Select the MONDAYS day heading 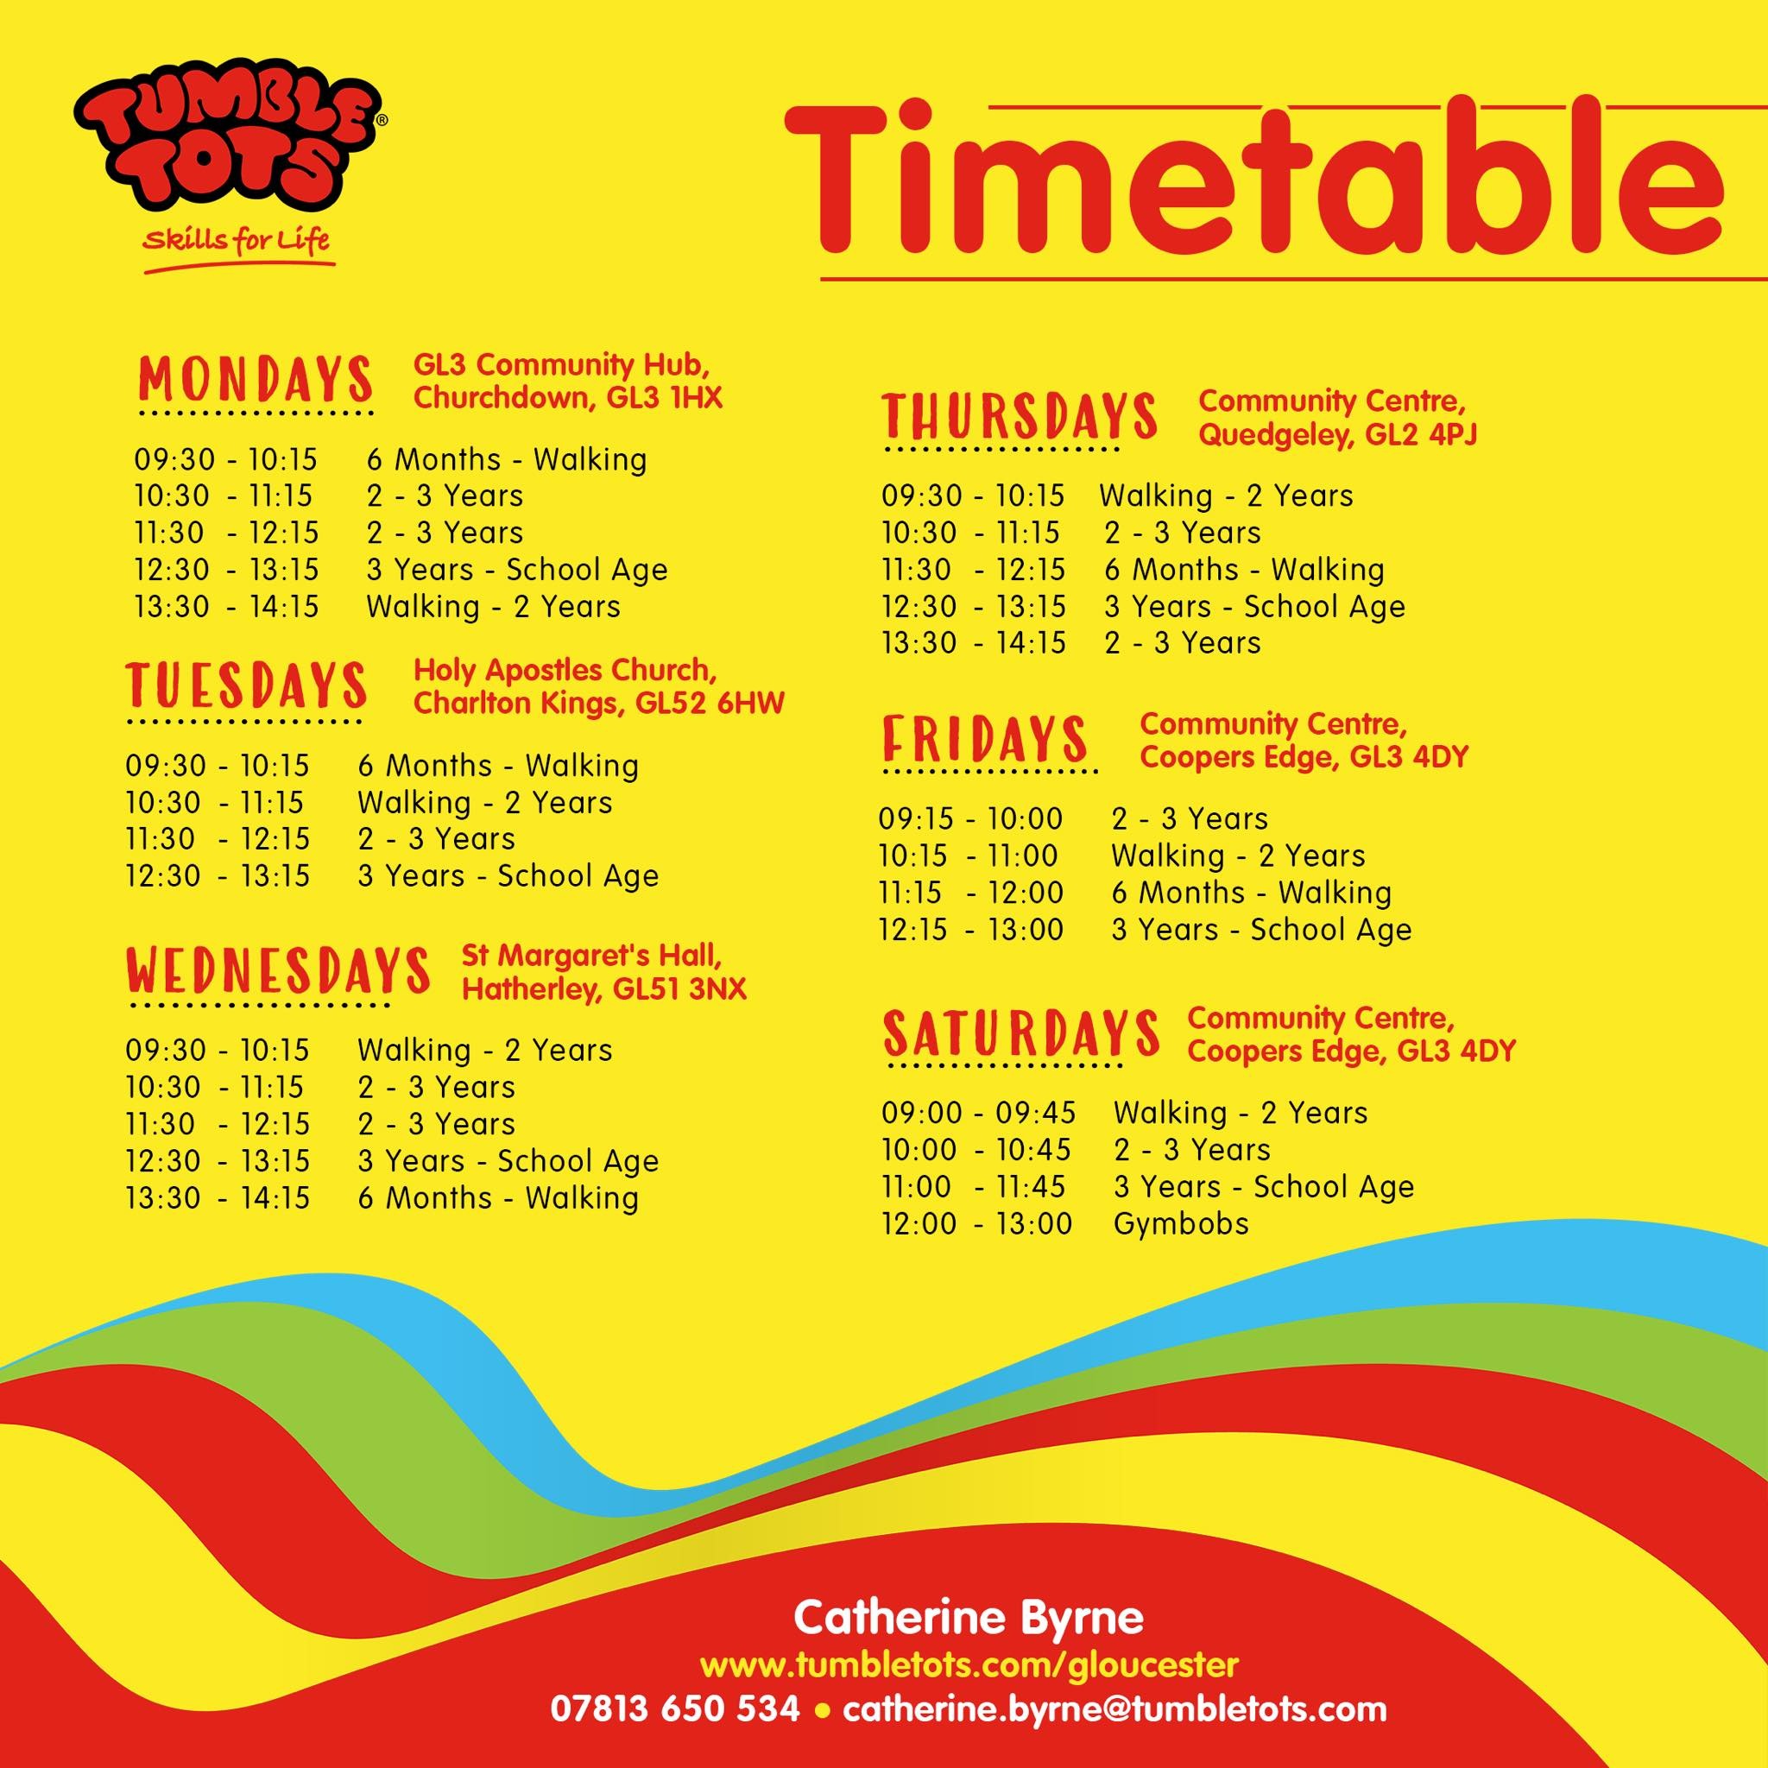pos(256,378)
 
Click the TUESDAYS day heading pos(246,685)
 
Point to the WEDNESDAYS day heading pos(277,970)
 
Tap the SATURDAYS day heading pos(1021,1032)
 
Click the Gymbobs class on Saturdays pos(1180,1223)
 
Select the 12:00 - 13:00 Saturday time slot pos(976,1223)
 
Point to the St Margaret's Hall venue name pos(591,956)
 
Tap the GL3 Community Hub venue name pos(561,365)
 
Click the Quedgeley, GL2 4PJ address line pos(1338,433)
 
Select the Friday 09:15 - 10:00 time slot pos(970,818)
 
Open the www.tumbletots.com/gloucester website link pos(969,1664)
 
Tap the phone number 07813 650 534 pos(675,1709)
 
